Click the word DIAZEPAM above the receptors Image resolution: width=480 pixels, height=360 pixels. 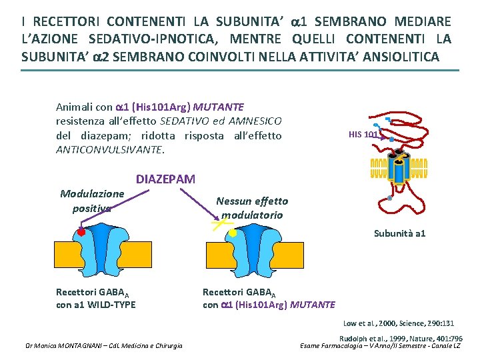pyautogui.click(x=165, y=179)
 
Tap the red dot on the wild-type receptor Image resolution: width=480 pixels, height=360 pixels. pyautogui.click(x=81, y=232)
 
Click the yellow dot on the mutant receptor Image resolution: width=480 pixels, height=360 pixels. pyautogui.click(x=233, y=233)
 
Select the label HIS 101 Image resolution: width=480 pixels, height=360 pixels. pyautogui.click(x=363, y=135)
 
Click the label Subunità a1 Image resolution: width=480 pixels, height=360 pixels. pyautogui.click(x=399, y=233)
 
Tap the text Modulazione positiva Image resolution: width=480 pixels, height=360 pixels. pyautogui.click(x=92, y=201)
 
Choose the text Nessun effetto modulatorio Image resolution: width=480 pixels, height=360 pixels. pyautogui.click(x=252, y=208)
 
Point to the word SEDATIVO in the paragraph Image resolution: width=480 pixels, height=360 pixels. pyautogui.click(x=184, y=121)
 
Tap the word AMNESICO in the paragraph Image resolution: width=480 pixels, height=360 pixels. pyautogui.click(x=256, y=121)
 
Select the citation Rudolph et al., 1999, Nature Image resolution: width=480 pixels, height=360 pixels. pyautogui.click(x=401, y=339)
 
